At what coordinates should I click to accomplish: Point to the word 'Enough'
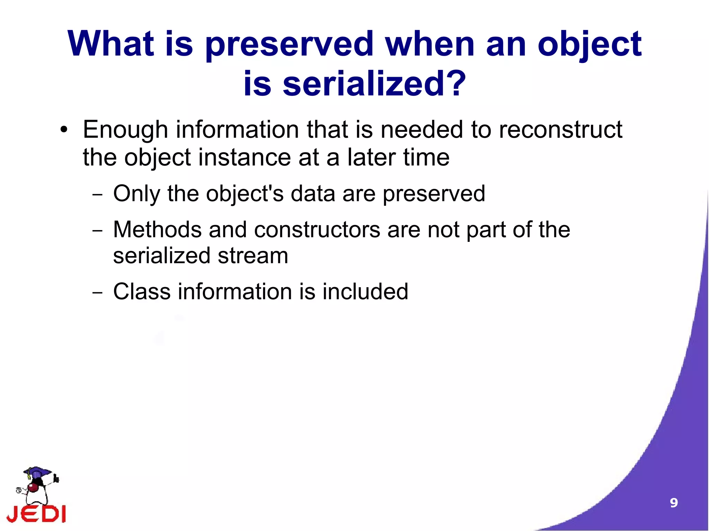coord(125,130)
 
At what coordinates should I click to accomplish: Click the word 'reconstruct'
coord(560,130)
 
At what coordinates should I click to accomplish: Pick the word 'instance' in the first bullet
coord(244,158)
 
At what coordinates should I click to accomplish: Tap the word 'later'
coord(371,158)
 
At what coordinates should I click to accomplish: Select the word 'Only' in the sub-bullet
coord(136,194)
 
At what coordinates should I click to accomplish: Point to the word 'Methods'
coord(157,230)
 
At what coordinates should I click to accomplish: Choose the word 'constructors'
coord(317,230)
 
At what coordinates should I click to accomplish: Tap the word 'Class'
coord(142,292)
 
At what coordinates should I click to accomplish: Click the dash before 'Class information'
coord(98,293)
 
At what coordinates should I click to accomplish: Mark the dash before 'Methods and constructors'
coord(98,231)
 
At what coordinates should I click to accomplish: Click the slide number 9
coord(674,503)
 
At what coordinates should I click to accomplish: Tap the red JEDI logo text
coord(36,514)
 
